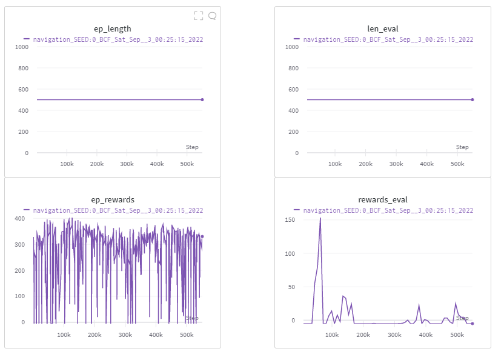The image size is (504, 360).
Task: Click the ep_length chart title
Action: click(112, 28)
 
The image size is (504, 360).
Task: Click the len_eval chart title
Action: click(383, 28)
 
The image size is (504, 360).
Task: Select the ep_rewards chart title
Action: click(112, 199)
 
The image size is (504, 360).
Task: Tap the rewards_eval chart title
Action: click(383, 199)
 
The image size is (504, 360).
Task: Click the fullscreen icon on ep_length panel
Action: click(198, 16)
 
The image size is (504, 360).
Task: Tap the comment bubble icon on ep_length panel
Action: click(212, 16)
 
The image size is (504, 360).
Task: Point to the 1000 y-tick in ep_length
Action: click(22, 47)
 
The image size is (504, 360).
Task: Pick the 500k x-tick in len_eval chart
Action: click(457, 164)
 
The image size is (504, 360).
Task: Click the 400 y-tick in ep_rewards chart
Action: click(20, 218)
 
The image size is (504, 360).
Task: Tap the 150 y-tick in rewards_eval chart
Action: click(289, 219)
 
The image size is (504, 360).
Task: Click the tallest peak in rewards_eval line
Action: click(320, 218)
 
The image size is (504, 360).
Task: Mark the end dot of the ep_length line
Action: click(202, 99)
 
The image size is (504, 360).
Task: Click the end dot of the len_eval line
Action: click(472, 99)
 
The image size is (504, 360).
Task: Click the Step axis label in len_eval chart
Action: click(462, 147)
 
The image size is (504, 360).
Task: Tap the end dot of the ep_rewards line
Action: click(202, 236)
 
